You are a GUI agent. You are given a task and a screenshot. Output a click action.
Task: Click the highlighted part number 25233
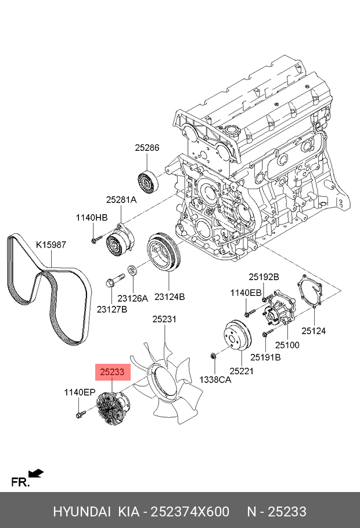point(112,372)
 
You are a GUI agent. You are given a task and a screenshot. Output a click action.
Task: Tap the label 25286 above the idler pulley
point(147,147)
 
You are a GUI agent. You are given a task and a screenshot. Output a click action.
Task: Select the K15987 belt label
point(51,244)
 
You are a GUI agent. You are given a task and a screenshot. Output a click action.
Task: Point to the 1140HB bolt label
point(92,218)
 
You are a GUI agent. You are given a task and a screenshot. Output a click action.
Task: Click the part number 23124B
point(170,296)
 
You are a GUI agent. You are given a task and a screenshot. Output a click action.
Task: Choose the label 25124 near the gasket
point(314,331)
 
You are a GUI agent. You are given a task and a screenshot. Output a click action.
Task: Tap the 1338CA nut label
point(215,379)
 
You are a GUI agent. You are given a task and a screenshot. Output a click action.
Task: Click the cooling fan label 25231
point(164,319)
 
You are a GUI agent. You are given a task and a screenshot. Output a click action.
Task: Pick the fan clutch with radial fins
point(111,407)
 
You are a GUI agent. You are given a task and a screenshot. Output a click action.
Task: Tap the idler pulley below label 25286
point(147,183)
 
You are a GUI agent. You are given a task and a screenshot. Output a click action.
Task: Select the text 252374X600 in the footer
point(190,512)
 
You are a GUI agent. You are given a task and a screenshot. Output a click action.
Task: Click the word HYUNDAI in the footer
point(82,512)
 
